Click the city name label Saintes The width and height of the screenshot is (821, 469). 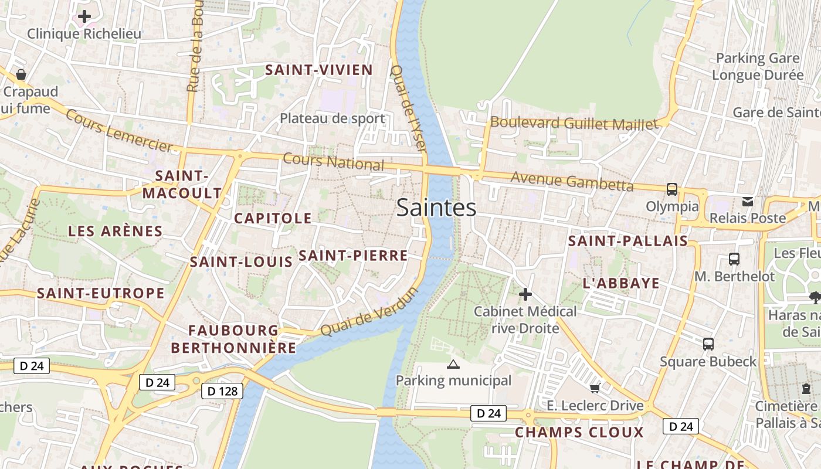[436, 208]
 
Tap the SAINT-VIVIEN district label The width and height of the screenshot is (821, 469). [319, 70]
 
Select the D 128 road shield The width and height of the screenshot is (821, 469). [222, 391]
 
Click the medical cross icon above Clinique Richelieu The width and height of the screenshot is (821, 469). [84, 16]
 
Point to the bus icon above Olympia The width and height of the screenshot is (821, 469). [672, 189]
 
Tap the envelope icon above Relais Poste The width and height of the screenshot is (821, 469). [748, 202]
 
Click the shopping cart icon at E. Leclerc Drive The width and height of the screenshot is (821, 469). [595, 388]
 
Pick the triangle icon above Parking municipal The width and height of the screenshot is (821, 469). [453, 365]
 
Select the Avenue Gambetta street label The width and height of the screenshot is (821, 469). [572, 181]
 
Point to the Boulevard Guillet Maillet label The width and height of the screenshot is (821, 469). [574, 123]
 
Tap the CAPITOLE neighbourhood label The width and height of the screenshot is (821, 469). [273, 218]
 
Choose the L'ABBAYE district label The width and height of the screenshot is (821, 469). [621, 283]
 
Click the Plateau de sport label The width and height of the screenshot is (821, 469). [332, 118]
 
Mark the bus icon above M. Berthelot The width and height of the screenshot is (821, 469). [734, 259]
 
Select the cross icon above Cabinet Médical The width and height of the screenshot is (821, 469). [525, 294]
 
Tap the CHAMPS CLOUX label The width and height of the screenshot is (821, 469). [579, 433]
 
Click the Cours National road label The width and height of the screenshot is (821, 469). [333, 162]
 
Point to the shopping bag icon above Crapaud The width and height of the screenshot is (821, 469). [21, 74]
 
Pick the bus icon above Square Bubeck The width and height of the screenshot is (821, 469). [708, 344]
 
